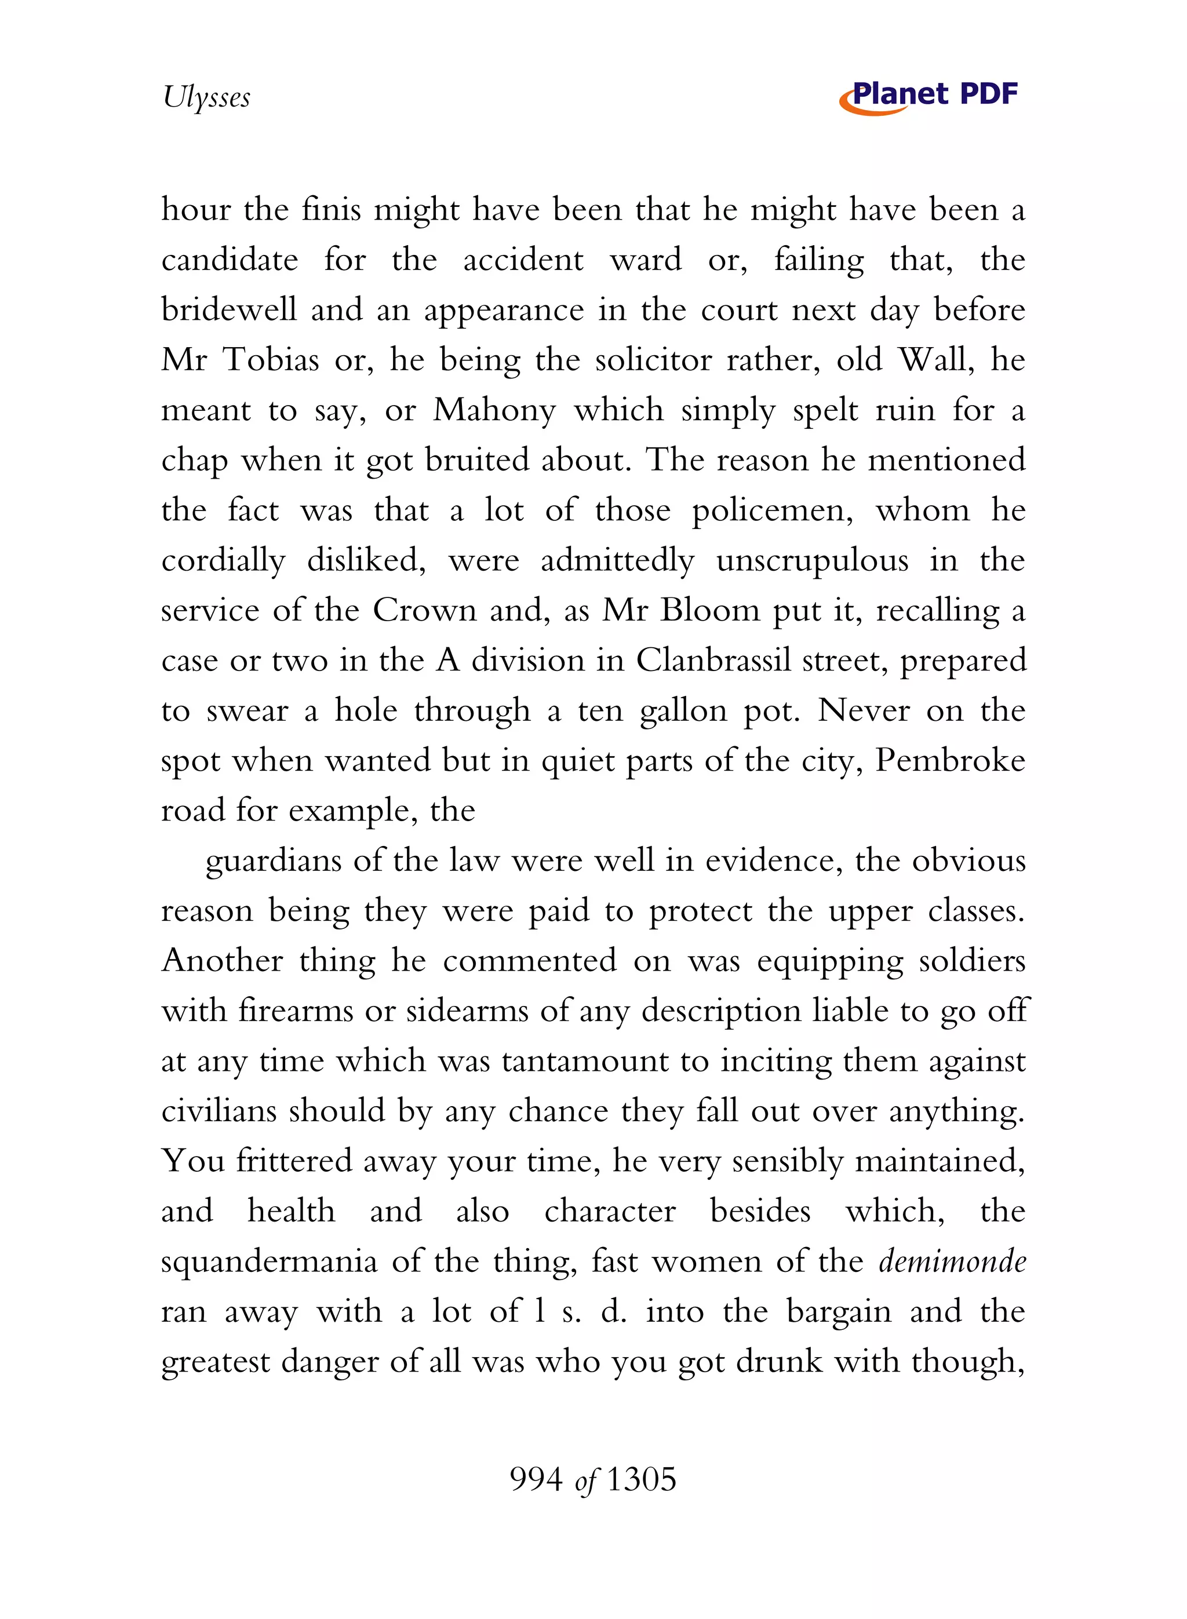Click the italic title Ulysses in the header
click(206, 97)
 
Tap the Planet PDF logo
click(929, 96)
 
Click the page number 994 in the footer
click(536, 1480)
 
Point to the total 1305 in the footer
click(642, 1480)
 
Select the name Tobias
click(271, 359)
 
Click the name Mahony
click(494, 410)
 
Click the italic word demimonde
click(952, 1261)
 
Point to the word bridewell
click(228, 309)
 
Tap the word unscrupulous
click(812, 561)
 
